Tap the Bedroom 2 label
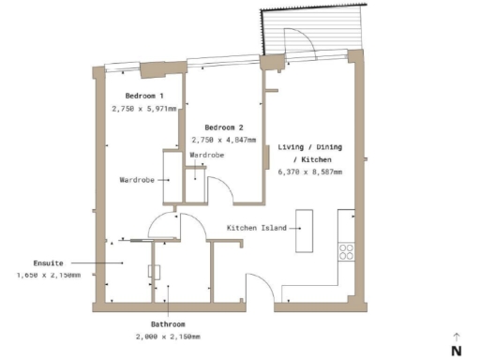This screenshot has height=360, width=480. [224, 127]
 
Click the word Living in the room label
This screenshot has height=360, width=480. [292, 148]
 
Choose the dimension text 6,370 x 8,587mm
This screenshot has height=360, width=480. [310, 172]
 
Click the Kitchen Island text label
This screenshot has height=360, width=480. [256, 228]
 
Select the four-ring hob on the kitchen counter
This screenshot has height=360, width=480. [346, 251]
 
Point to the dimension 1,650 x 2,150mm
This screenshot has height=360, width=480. [49, 276]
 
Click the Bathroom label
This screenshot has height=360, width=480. [167, 323]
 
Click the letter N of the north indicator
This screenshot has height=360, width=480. [456, 351]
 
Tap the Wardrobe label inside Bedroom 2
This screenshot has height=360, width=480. [206, 155]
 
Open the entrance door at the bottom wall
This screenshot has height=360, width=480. [258, 286]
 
